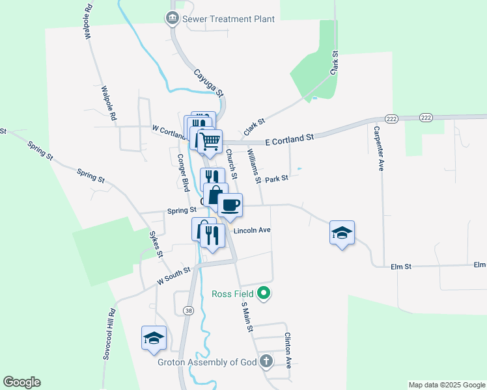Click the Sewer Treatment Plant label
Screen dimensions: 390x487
pyautogui.click(x=229, y=19)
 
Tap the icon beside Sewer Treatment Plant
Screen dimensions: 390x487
pyautogui.click(x=173, y=18)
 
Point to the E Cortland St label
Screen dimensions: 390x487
pyautogui.click(x=290, y=138)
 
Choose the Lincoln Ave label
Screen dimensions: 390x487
pyautogui.click(x=251, y=231)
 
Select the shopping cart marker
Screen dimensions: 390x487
pyautogui.click(x=210, y=141)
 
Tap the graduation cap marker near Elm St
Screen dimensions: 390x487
pyautogui.click(x=342, y=233)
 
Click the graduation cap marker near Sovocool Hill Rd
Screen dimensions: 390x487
pyautogui.click(x=154, y=338)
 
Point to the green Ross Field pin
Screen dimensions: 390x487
pyautogui.click(x=264, y=294)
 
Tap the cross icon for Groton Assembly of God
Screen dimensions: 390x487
pyautogui.click(x=266, y=361)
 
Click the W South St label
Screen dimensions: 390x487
pyautogui.click(x=173, y=276)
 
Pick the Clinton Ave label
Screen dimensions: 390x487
pyautogui.click(x=287, y=350)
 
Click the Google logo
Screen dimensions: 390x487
pyautogui.click(x=21, y=382)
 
